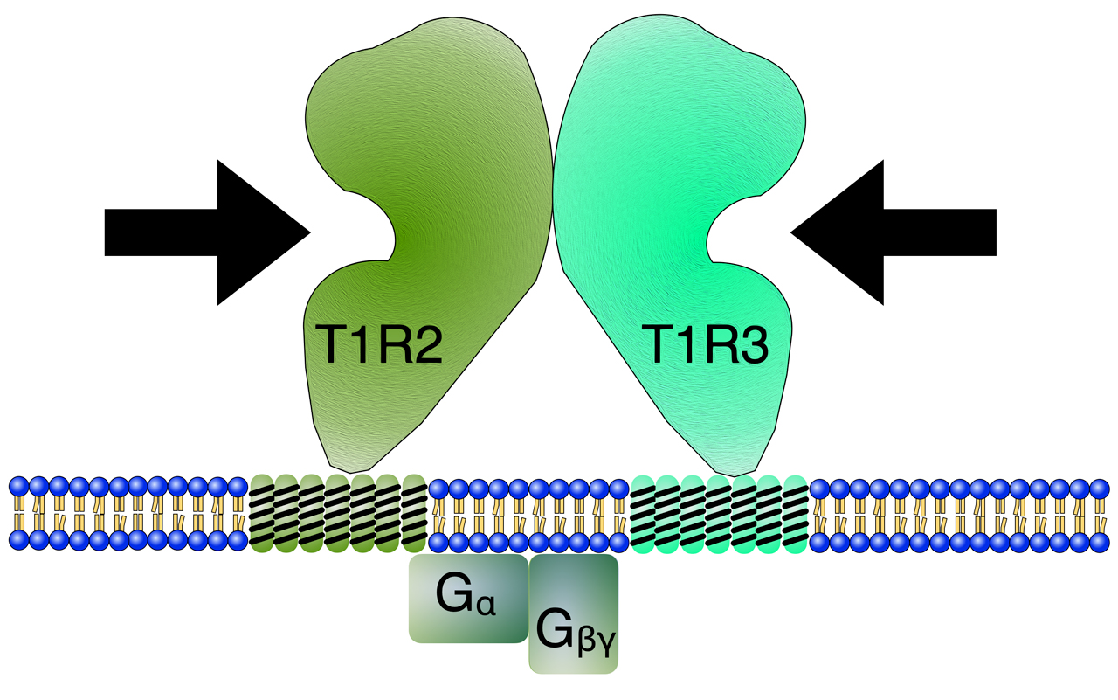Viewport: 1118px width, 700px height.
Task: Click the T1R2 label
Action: coord(380,344)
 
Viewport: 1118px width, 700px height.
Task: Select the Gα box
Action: coord(469,599)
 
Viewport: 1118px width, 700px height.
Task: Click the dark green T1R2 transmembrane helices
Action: coord(338,513)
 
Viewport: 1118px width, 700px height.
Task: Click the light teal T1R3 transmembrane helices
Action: coord(720,513)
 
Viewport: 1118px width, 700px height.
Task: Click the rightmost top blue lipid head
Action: coord(1098,487)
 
